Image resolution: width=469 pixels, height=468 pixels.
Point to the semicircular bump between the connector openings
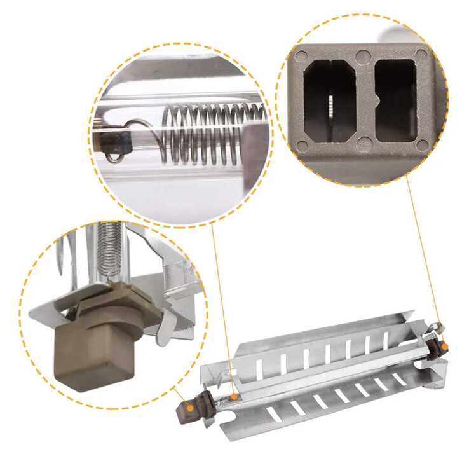pyautogui.click(x=377, y=100)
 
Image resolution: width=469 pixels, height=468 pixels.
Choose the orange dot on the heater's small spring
pyautogui.click(x=234, y=397)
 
